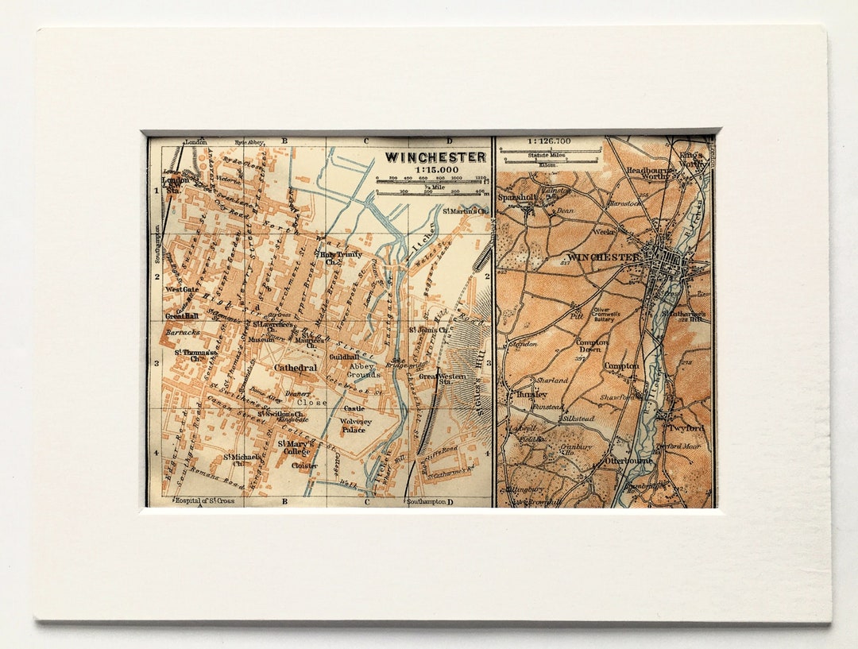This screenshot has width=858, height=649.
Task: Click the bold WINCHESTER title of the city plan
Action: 435,157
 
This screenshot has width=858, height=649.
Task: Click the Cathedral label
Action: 296,368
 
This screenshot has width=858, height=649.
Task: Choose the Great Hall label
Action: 181,315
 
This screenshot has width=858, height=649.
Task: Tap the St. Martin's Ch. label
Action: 464,211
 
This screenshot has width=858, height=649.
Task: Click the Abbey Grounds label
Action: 363,370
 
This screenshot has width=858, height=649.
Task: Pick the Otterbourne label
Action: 628,460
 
